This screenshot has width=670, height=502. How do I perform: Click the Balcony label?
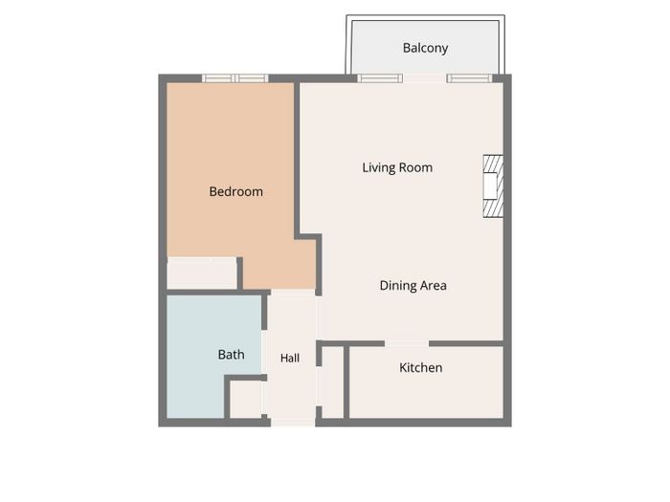click(425, 48)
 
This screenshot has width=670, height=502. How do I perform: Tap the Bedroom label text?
click(235, 191)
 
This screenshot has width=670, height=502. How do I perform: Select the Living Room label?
click(397, 167)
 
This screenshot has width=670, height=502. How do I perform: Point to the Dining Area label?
click(413, 285)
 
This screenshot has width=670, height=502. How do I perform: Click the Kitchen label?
click(420, 367)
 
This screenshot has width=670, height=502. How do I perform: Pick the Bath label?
click(232, 355)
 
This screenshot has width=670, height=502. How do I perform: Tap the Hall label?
click(290, 358)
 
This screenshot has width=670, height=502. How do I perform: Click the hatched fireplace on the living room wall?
click(493, 186)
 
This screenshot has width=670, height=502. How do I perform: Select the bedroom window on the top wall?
click(235, 78)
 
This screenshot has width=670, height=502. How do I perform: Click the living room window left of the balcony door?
click(380, 78)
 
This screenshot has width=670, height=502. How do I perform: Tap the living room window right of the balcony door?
click(470, 78)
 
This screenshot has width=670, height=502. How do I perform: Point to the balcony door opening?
click(425, 78)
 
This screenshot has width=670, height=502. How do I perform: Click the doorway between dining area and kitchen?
click(407, 343)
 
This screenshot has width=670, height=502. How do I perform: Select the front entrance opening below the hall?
click(293, 423)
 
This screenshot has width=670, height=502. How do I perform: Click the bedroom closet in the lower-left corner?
click(202, 273)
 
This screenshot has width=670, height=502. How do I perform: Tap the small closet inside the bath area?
click(246, 400)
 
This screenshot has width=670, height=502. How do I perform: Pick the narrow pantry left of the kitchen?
click(332, 382)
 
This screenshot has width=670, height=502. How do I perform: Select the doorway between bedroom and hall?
click(293, 293)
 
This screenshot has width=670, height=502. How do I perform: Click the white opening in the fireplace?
click(490, 186)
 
